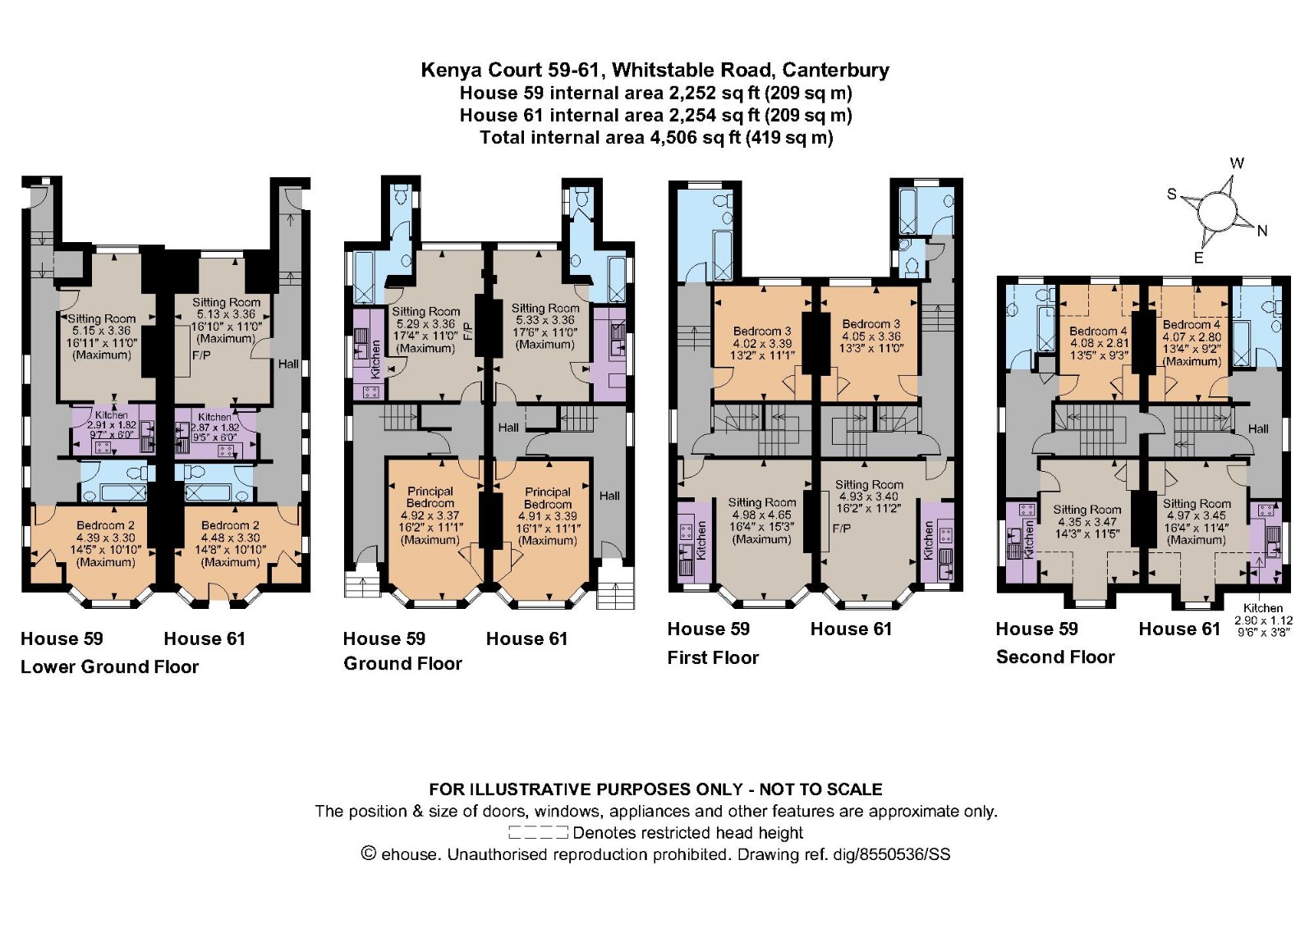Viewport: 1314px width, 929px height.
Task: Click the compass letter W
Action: [1237, 163]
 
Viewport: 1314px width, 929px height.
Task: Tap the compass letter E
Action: [1199, 258]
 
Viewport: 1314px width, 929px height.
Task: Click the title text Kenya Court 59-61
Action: [510, 71]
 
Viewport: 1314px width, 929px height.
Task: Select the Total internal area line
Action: [656, 138]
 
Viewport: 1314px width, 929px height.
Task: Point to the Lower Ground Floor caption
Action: [110, 667]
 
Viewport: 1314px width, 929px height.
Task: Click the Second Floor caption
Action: [1055, 657]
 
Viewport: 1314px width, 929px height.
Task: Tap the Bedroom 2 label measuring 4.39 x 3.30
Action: [106, 543]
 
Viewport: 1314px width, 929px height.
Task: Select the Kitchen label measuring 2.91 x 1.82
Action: [112, 425]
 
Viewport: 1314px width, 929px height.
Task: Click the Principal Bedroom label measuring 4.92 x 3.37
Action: [430, 515]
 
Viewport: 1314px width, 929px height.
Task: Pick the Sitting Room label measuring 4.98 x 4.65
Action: [762, 520]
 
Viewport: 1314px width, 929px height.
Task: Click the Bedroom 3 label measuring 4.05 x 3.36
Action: [871, 336]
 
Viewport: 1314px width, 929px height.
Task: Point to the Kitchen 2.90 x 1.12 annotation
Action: [1263, 620]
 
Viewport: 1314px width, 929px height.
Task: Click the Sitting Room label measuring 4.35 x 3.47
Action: [1087, 522]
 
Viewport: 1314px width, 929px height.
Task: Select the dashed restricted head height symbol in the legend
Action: [538, 832]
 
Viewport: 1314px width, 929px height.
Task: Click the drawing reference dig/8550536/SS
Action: [892, 854]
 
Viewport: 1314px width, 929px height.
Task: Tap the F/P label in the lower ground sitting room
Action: [201, 356]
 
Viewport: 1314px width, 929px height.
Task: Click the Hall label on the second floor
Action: [1257, 429]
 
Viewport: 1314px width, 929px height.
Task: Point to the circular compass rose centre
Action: [1217, 213]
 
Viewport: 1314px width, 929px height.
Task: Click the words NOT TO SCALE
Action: [820, 789]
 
